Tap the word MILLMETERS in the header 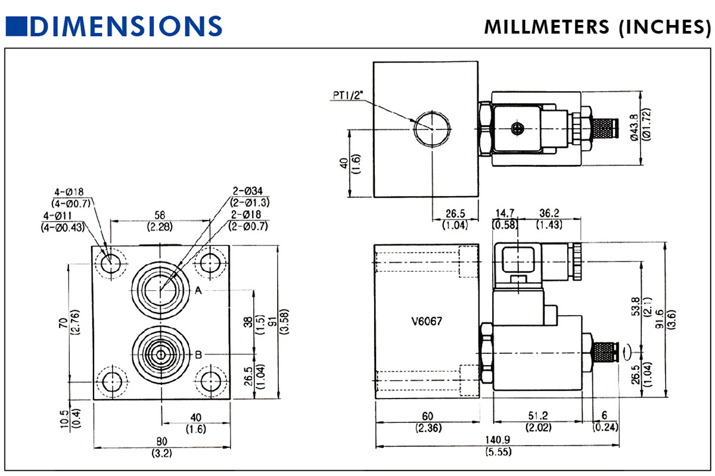pyautogui.click(x=545, y=27)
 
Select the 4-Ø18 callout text pyautogui.click(x=69, y=192)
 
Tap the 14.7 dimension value pyautogui.click(x=504, y=214)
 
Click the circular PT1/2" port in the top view pyautogui.click(x=431, y=127)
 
